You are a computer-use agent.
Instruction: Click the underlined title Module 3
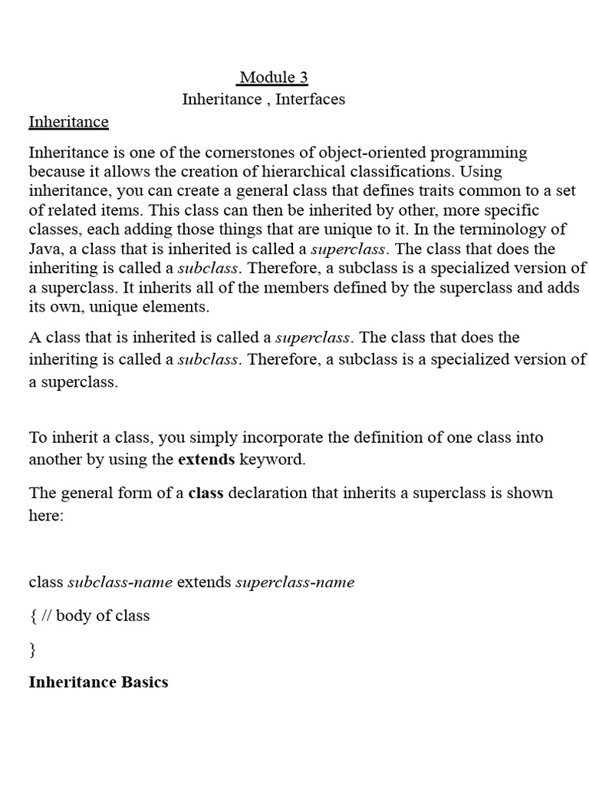274,77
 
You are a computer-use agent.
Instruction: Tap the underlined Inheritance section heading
68,122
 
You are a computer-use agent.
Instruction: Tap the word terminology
493,229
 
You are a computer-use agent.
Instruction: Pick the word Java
44,249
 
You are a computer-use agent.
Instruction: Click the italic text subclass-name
120,582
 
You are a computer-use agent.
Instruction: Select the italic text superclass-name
294,582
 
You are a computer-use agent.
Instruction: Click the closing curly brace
32,649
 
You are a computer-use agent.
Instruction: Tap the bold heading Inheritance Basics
98,682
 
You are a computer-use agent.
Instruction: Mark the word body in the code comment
73,616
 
